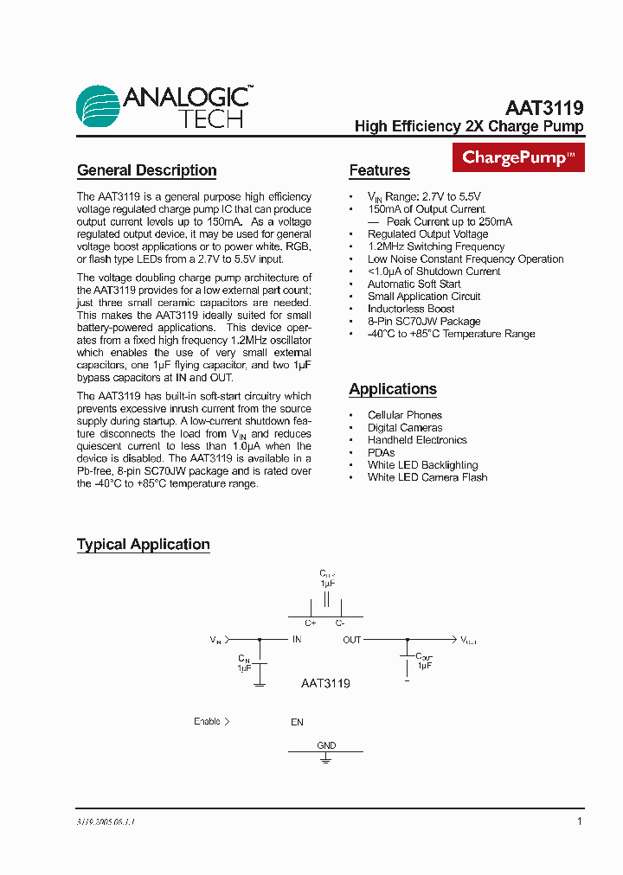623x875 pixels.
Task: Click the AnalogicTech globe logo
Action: pyautogui.click(x=98, y=108)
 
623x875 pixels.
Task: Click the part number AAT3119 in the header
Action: pyautogui.click(x=544, y=109)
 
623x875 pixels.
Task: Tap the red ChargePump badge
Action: pyautogui.click(x=518, y=157)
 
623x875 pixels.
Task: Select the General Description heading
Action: pyautogui.click(x=146, y=170)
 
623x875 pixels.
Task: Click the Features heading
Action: pyautogui.click(x=379, y=170)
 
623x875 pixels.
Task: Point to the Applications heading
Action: pyautogui.click(x=392, y=389)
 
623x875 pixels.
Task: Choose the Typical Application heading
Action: pyautogui.click(x=143, y=545)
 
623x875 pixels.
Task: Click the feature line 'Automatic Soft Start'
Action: pyautogui.click(x=414, y=284)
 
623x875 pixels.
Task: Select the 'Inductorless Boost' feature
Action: pyautogui.click(x=411, y=309)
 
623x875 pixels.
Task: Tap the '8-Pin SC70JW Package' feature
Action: pyautogui.click(x=424, y=321)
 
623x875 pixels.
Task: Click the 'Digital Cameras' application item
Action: pyautogui.click(x=405, y=427)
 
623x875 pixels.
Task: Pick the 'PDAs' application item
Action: pyautogui.click(x=381, y=452)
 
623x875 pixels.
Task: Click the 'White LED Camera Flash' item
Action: pyautogui.click(x=427, y=477)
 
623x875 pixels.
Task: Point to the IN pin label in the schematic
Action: pyautogui.click(x=297, y=640)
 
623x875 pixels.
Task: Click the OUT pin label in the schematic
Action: pyautogui.click(x=352, y=640)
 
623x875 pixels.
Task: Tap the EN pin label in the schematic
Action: pyautogui.click(x=297, y=722)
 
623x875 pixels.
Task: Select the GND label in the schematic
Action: pyautogui.click(x=326, y=745)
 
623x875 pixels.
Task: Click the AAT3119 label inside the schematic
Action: pyautogui.click(x=325, y=683)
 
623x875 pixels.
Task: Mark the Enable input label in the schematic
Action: pyautogui.click(x=208, y=721)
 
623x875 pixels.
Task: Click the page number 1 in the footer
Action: pyautogui.click(x=580, y=821)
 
